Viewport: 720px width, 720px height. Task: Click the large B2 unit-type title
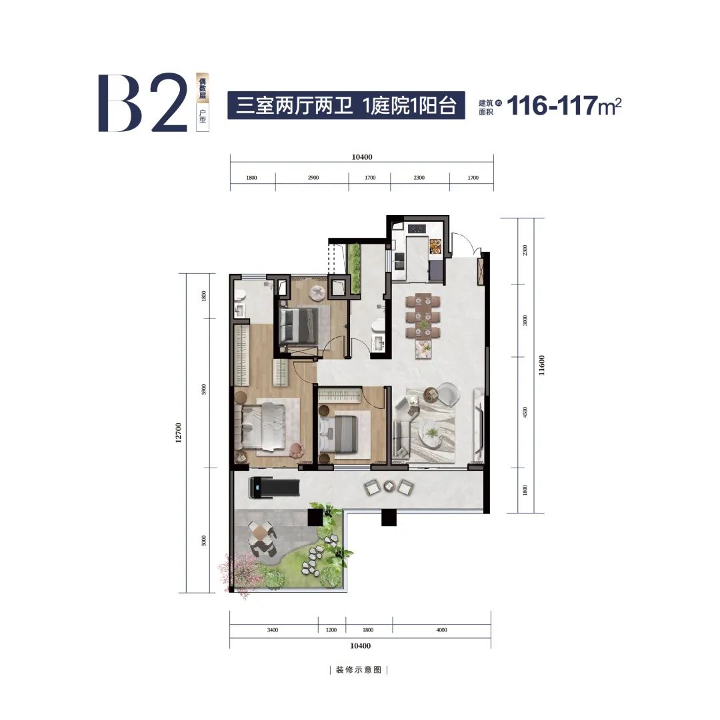(143, 103)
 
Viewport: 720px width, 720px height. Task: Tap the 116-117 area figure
(552, 106)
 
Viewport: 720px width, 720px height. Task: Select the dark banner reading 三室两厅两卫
(346, 106)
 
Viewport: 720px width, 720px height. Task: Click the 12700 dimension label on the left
(178, 432)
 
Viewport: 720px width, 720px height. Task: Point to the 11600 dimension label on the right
(541, 366)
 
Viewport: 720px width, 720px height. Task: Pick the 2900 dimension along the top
(313, 178)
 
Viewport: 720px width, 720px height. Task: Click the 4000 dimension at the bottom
(441, 630)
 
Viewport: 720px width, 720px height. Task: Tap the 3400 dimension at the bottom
(273, 630)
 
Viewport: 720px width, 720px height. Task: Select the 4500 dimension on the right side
(525, 412)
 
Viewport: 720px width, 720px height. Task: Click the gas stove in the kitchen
(417, 228)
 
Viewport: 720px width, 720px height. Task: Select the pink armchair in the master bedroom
(297, 449)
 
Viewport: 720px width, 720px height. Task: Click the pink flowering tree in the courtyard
(241, 573)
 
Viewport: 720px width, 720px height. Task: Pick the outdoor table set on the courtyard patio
(261, 538)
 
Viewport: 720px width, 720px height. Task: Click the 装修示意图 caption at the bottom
(359, 670)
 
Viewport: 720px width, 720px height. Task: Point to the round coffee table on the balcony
(389, 487)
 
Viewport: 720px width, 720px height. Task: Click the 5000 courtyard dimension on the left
(204, 541)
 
